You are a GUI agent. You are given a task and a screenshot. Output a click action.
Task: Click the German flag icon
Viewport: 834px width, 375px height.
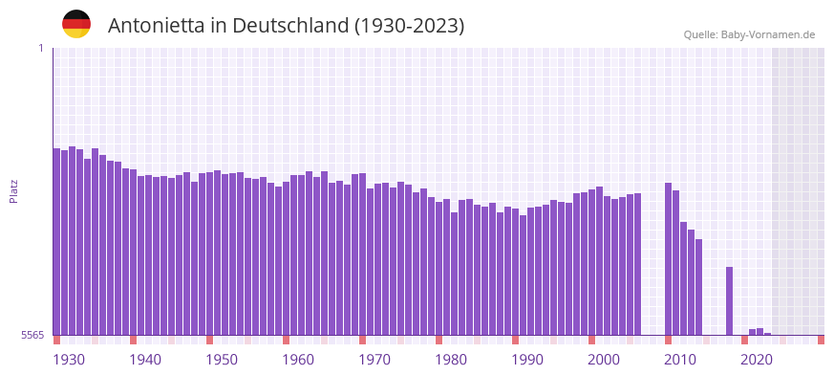[76, 24]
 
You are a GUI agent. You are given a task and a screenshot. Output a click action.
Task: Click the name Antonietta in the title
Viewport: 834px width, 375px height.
[153, 26]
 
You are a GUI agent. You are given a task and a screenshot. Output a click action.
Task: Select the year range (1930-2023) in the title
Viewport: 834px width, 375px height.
[409, 26]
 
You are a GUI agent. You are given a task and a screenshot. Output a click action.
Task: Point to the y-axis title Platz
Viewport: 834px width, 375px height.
[13, 190]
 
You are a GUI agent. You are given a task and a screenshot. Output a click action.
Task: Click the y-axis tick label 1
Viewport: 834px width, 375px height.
[41, 48]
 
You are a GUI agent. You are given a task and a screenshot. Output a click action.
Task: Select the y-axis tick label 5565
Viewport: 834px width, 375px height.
[32, 336]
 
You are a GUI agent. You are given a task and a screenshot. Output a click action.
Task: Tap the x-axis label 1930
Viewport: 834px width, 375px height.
[69, 360]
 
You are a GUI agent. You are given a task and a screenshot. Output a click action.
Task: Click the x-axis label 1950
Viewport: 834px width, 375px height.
[222, 360]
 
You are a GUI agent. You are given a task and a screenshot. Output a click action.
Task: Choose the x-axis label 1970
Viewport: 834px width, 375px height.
[374, 360]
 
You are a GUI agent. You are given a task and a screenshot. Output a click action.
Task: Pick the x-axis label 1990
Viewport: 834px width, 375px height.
[527, 360]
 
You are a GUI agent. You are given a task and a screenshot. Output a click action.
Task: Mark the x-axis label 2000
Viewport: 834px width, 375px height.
[604, 360]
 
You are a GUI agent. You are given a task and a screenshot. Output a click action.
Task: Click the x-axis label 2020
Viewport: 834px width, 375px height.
[757, 360]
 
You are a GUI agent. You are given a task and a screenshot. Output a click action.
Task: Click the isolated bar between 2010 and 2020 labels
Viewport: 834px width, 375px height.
[729, 300]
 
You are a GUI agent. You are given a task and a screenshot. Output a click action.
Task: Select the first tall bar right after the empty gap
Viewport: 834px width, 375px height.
[668, 258]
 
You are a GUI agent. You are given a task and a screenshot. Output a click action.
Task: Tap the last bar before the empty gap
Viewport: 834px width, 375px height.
[637, 264]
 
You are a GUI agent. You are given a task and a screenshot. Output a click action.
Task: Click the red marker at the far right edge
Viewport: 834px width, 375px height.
[821, 340]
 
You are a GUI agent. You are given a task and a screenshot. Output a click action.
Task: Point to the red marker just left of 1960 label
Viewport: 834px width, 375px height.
[286, 340]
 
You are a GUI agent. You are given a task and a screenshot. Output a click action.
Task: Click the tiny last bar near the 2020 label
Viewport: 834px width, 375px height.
[767, 334]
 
